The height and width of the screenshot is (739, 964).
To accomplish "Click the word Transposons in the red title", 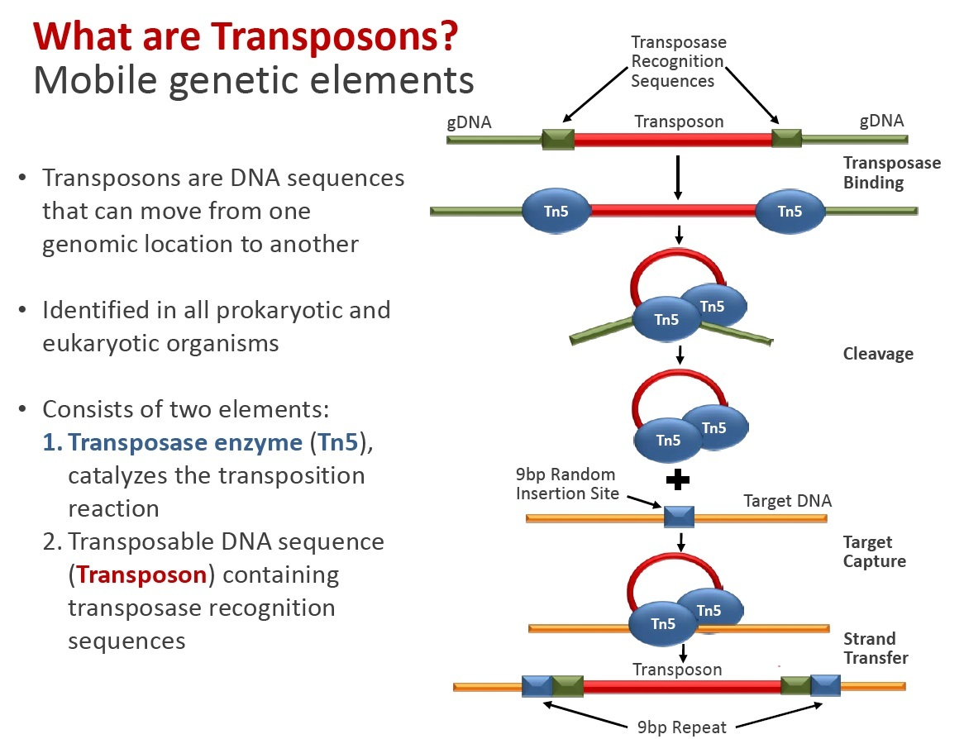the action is coord(335,36).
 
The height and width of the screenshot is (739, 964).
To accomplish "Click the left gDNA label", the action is coord(469,122).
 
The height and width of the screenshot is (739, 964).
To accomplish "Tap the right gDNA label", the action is coord(881,121).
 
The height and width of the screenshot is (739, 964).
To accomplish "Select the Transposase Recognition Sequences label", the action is coord(678,61).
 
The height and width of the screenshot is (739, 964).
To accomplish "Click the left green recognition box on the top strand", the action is coord(558,140).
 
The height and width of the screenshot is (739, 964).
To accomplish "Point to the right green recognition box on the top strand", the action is coord(786,138).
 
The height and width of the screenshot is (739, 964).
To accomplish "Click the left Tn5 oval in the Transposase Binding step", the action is coord(556,211).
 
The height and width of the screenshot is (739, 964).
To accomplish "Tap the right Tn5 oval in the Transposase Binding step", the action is coord(790,211).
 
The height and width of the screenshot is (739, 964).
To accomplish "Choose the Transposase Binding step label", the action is coord(891,173).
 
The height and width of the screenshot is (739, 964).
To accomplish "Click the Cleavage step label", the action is coord(878,354).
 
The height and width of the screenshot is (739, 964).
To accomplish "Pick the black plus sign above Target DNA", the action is coord(677,479).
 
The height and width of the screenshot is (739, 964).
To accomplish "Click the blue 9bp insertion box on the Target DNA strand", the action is coord(679,517).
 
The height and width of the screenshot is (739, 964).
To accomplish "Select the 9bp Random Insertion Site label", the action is coord(567,484).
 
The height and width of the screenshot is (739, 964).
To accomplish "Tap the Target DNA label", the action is coord(788,501).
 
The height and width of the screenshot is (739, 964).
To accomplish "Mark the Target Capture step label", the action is coord(874,551).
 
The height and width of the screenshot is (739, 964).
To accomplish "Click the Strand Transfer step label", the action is coord(876,648).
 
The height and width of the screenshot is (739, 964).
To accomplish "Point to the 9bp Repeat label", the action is coord(682,727).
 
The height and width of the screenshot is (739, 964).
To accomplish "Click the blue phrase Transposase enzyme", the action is coord(185,443).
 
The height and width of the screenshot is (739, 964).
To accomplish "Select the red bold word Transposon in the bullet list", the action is coord(141,575).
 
